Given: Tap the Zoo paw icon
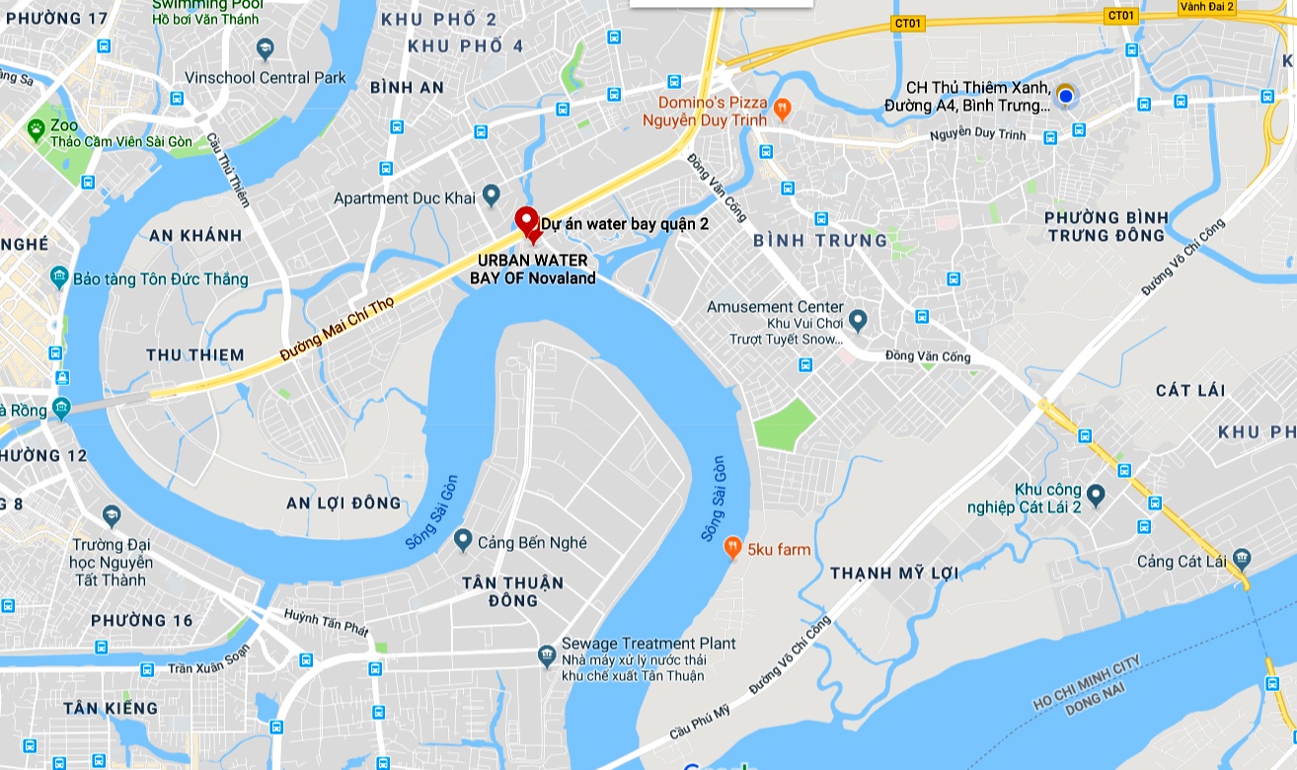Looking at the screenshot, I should (37, 127).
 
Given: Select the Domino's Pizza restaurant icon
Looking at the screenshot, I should (782, 108).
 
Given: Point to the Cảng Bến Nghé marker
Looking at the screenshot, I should (463, 541).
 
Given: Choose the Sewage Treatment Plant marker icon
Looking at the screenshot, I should (547, 654).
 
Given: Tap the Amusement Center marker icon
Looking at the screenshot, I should (858, 320).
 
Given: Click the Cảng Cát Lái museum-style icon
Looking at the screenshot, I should (1241, 561).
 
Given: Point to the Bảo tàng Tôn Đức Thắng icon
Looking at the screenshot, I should (59, 278).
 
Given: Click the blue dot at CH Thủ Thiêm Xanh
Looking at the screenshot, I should (1065, 95).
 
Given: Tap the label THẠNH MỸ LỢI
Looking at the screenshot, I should (894, 573).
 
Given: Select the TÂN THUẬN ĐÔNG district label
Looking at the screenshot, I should (513, 590).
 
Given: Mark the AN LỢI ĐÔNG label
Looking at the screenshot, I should (343, 502).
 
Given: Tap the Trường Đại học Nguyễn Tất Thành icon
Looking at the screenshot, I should (111, 516).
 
